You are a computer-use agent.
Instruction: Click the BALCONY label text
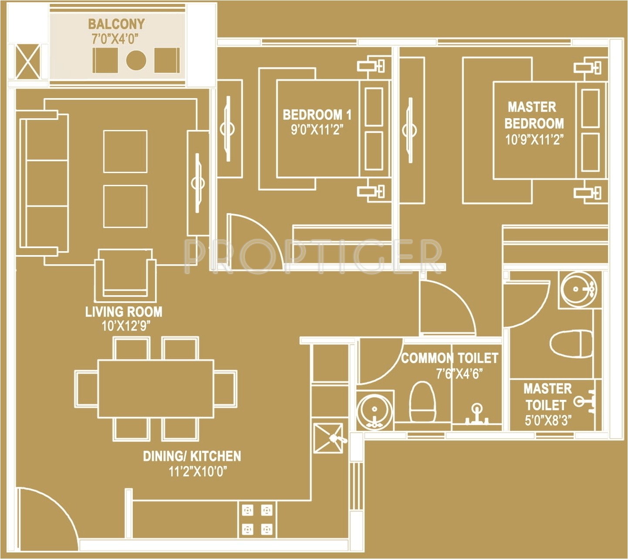(x=116, y=24)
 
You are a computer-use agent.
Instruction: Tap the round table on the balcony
(x=136, y=60)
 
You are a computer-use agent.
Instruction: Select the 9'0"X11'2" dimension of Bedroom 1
(x=317, y=130)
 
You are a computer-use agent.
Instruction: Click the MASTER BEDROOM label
(x=534, y=115)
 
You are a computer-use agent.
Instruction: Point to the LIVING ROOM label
(x=124, y=312)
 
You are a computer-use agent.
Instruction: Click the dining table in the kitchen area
(x=155, y=389)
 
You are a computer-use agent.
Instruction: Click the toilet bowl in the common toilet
(x=422, y=401)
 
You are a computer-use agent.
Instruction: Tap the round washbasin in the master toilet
(x=577, y=289)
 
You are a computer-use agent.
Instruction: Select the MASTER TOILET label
(x=547, y=396)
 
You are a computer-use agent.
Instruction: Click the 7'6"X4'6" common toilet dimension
(x=459, y=374)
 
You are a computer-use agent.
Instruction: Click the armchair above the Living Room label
(x=125, y=275)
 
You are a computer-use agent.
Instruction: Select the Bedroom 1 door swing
(x=253, y=240)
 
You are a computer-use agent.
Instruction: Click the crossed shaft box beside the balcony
(x=28, y=61)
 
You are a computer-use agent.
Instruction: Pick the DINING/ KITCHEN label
(x=192, y=456)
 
